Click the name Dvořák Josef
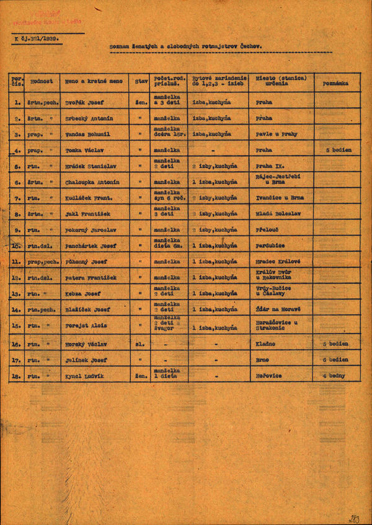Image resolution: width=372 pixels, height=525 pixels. click(x=85, y=102)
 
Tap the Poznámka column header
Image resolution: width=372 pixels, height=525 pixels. click(x=335, y=82)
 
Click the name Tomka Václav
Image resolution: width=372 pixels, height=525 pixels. click(x=82, y=150)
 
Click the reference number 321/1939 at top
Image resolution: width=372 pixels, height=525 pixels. click(x=45, y=38)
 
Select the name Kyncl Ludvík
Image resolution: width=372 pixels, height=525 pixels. click(x=84, y=376)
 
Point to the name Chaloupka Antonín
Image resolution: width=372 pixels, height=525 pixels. click(x=92, y=182)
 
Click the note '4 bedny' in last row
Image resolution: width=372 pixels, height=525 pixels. click(x=335, y=376)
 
